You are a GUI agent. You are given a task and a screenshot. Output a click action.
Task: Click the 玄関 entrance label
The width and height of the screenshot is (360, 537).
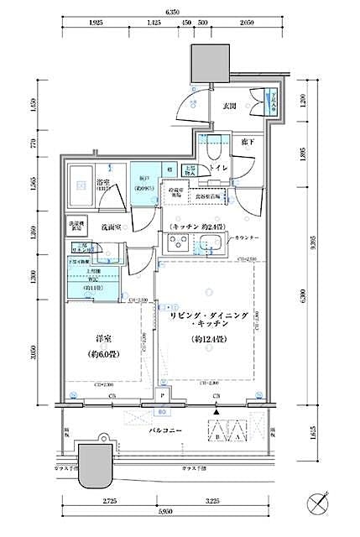[229, 107]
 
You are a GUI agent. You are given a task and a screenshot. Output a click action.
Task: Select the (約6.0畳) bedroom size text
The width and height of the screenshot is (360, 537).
[104, 353]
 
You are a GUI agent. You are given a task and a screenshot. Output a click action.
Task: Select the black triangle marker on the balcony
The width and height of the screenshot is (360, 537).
[217, 412]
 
